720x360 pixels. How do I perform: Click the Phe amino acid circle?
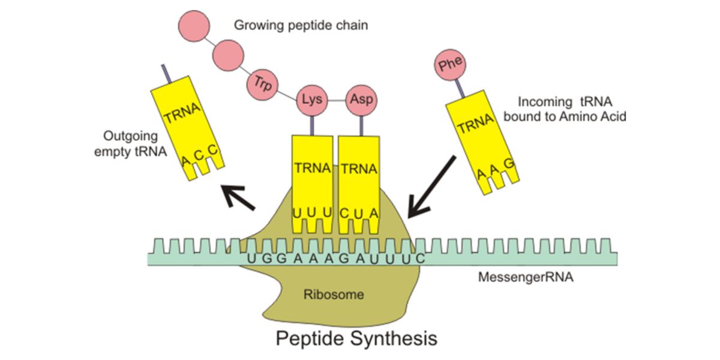pos(450,65)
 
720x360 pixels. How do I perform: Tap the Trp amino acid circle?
pos(262,85)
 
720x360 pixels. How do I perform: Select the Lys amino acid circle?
pos(312,100)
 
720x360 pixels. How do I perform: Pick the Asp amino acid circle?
pos(361,100)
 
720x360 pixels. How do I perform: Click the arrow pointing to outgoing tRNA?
pos(239,197)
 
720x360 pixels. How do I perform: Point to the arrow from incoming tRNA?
pos(431,187)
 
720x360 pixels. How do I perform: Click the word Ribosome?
pos(334,295)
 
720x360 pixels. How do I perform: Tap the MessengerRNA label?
pos(526,277)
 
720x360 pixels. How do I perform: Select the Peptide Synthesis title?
pos(356,338)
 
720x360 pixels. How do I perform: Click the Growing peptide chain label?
pos(301,25)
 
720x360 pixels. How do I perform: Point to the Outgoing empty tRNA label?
pos(131,143)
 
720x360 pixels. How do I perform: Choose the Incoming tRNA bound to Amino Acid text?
pos(565,109)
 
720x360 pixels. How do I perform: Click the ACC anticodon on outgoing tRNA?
pos(200,155)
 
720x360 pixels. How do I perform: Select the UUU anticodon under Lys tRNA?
pos(313,212)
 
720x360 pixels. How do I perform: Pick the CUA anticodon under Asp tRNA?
pos(359,213)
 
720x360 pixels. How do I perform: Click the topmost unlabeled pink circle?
pos(194,26)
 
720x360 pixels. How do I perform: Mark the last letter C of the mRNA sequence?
pos(420,259)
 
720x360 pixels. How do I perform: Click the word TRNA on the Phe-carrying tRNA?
pos(476,124)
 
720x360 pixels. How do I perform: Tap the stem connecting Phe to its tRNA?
pos(460,88)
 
